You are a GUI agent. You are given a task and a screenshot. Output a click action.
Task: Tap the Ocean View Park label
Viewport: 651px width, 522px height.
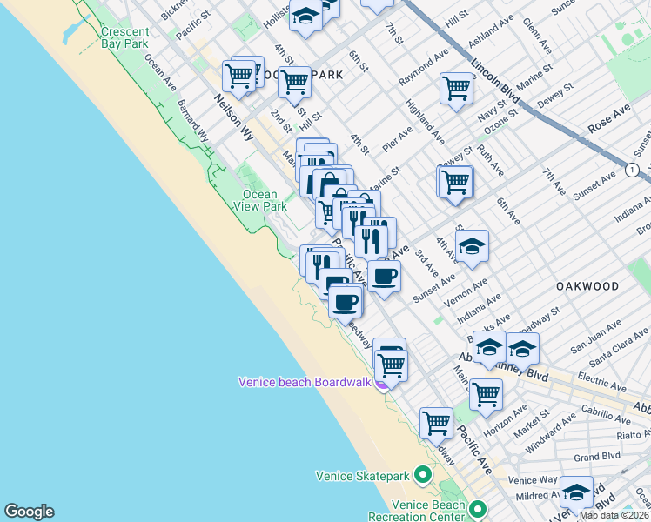point(259,200)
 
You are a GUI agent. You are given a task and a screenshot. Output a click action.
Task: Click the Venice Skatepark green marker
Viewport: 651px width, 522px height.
point(423,475)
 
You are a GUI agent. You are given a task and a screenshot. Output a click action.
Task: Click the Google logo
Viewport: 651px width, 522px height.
point(29,512)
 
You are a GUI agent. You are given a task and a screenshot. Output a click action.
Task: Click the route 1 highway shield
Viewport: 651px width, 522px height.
point(631,170)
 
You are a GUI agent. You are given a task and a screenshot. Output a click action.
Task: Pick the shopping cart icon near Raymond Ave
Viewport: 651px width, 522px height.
point(455,88)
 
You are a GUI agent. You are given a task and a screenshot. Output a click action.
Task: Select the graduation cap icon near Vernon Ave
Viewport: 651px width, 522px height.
point(471,246)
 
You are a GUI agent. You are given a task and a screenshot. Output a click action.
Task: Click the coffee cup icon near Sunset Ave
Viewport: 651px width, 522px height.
point(384,277)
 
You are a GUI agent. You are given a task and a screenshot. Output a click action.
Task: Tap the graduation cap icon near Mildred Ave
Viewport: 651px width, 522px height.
point(575,492)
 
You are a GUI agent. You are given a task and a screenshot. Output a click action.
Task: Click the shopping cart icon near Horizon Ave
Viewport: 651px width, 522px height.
point(486,393)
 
